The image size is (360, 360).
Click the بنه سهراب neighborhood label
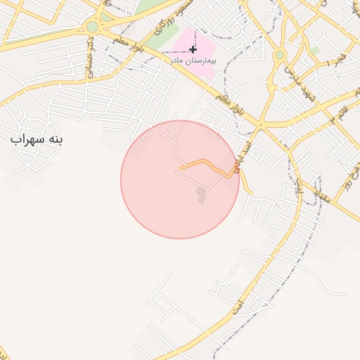pos(37,139)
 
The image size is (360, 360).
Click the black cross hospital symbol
pos(193,49)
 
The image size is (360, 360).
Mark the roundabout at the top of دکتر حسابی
pos(92,27)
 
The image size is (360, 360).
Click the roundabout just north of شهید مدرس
pos(280,54)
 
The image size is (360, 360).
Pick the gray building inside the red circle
pos(202,195)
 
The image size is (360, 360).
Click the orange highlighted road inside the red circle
pos(204,164)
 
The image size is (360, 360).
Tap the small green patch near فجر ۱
pos(315,51)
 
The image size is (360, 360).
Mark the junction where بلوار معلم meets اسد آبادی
pos(259,126)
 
